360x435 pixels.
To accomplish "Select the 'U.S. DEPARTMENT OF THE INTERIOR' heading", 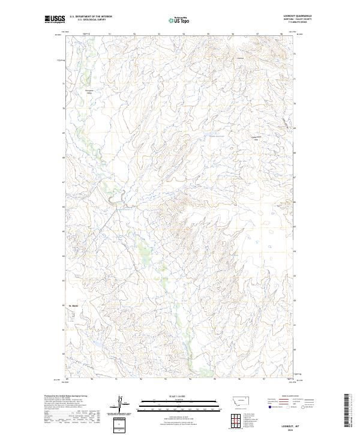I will click(91, 16).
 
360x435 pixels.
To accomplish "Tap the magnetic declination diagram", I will click(120, 404).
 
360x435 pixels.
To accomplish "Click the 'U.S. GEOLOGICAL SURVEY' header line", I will click(91, 20).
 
